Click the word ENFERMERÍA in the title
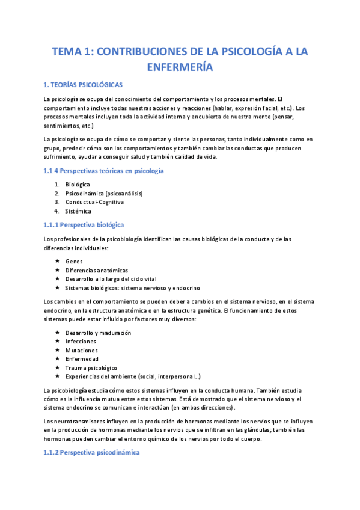pos(180,67)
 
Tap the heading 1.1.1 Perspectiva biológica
pos(84,224)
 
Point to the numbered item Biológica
pos(78,185)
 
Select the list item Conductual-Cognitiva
pos(94,203)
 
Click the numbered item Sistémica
pos(78,211)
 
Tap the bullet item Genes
pos(74,262)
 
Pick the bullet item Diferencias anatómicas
pos(96,271)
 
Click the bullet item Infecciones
pos(81,342)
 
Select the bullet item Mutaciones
pos(81,350)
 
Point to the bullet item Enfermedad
pos(81,359)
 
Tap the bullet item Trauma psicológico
pos(91,367)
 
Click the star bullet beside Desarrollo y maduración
pos(57,333)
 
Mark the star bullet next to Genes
pos(57,262)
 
